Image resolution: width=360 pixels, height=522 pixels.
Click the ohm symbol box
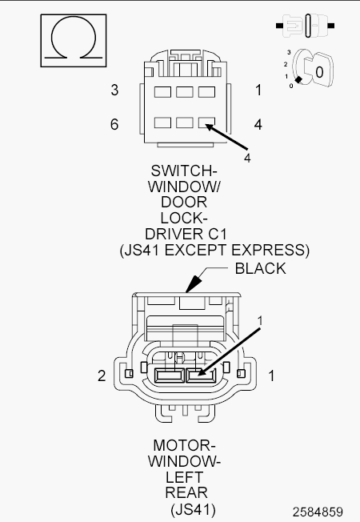pos(74,41)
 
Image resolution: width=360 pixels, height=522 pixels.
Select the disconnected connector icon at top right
pos(305,26)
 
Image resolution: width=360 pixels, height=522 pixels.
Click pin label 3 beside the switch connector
pos(114,90)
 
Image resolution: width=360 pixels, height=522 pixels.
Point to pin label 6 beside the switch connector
pos(114,124)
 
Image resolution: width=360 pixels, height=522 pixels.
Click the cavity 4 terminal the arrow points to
pos(206,122)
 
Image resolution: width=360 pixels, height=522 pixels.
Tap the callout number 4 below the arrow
pos(247,158)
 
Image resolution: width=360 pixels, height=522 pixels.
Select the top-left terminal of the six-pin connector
pos(162,92)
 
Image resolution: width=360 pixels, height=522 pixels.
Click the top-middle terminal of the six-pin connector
pos(185,92)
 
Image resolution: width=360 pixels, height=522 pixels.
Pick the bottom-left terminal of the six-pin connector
pos(162,122)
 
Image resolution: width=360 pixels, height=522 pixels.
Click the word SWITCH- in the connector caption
pos(184,171)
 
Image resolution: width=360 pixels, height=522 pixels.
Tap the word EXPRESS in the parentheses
pos(268,250)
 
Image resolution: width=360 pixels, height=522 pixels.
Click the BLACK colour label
pos(261,268)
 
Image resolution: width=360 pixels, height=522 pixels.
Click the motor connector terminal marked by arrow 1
pos(201,375)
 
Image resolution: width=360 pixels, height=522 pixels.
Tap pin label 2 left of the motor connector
pos(102,375)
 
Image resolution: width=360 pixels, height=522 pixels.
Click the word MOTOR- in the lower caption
pos(184,445)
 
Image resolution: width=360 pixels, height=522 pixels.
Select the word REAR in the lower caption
pos(186,492)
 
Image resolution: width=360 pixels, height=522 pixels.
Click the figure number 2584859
pos(318,512)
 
